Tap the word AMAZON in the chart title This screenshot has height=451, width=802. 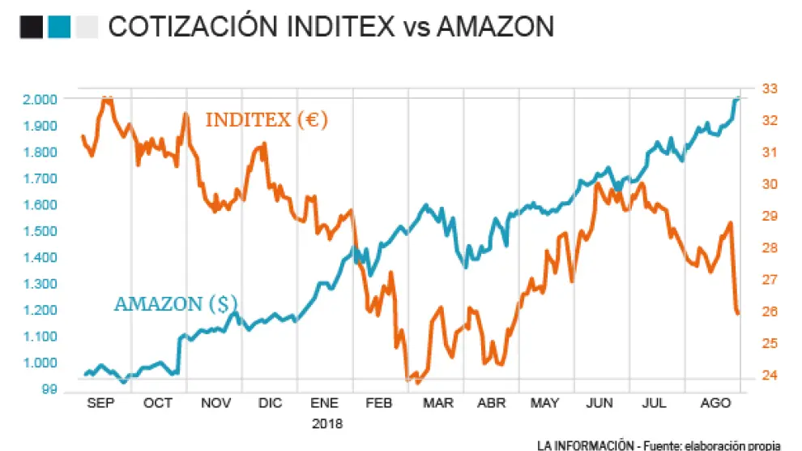pyautogui.click(x=495, y=27)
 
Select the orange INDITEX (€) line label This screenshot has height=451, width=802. pyautogui.click(x=266, y=120)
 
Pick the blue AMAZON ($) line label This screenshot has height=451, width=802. pyautogui.click(x=176, y=304)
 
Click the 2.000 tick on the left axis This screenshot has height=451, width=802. pyautogui.click(x=40, y=99)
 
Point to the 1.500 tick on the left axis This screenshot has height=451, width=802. pyautogui.click(x=40, y=231)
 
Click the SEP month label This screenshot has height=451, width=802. pyautogui.click(x=101, y=403)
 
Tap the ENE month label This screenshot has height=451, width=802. pyautogui.click(x=324, y=403)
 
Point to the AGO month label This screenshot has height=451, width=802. pyautogui.click(x=713, y=403)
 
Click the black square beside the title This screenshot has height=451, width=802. pyautogui.click(x=31, y=27)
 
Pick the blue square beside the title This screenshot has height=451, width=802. pyautogui.click(x=58, y=27)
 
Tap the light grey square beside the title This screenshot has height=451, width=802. pyautogui.click(x=85, y=27)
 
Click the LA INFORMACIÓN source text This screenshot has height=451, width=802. pyautogui.click(x=585, y=445)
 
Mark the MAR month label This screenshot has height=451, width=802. pyautogui.click(x=437, y=403)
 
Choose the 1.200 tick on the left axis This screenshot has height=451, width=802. pyautogui.click(x=40, y=311)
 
